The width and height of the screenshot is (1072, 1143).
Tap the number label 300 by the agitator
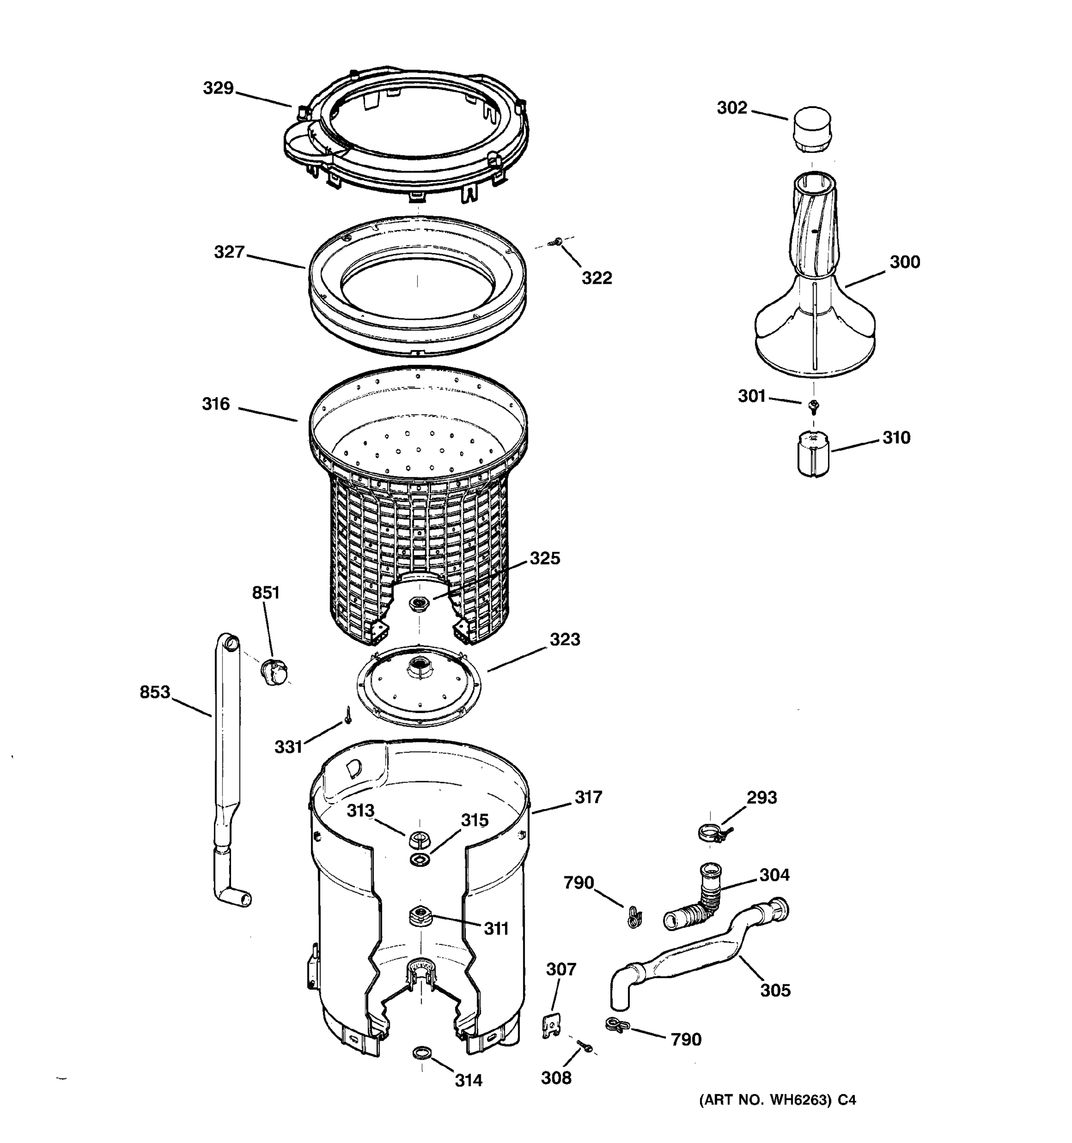(905, 262)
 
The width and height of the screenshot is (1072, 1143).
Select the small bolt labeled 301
(813, 407)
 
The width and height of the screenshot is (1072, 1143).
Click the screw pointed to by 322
(556, 243)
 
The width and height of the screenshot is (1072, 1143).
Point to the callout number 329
(218, 88)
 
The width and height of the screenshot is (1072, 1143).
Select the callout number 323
(564, 639)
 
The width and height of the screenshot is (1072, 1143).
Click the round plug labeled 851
(274, 672)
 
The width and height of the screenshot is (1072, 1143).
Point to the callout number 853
(155, 692)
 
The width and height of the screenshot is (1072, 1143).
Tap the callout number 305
(775, 990)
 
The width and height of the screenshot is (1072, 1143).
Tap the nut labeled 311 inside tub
(420, 914)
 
